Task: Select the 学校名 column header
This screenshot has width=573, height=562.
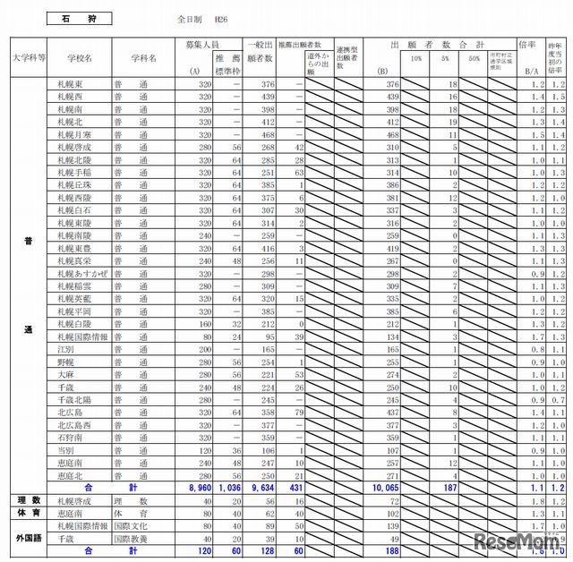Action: tap(80, 57)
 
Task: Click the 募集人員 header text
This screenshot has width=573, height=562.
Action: tap(201, 43)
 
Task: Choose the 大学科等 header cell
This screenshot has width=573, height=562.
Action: tap(30, 57)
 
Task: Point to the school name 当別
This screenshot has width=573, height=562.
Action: tap(64, 451)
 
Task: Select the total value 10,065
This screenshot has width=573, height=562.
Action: tap(381, 488)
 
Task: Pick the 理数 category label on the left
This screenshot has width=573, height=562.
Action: tap(29, 500)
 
